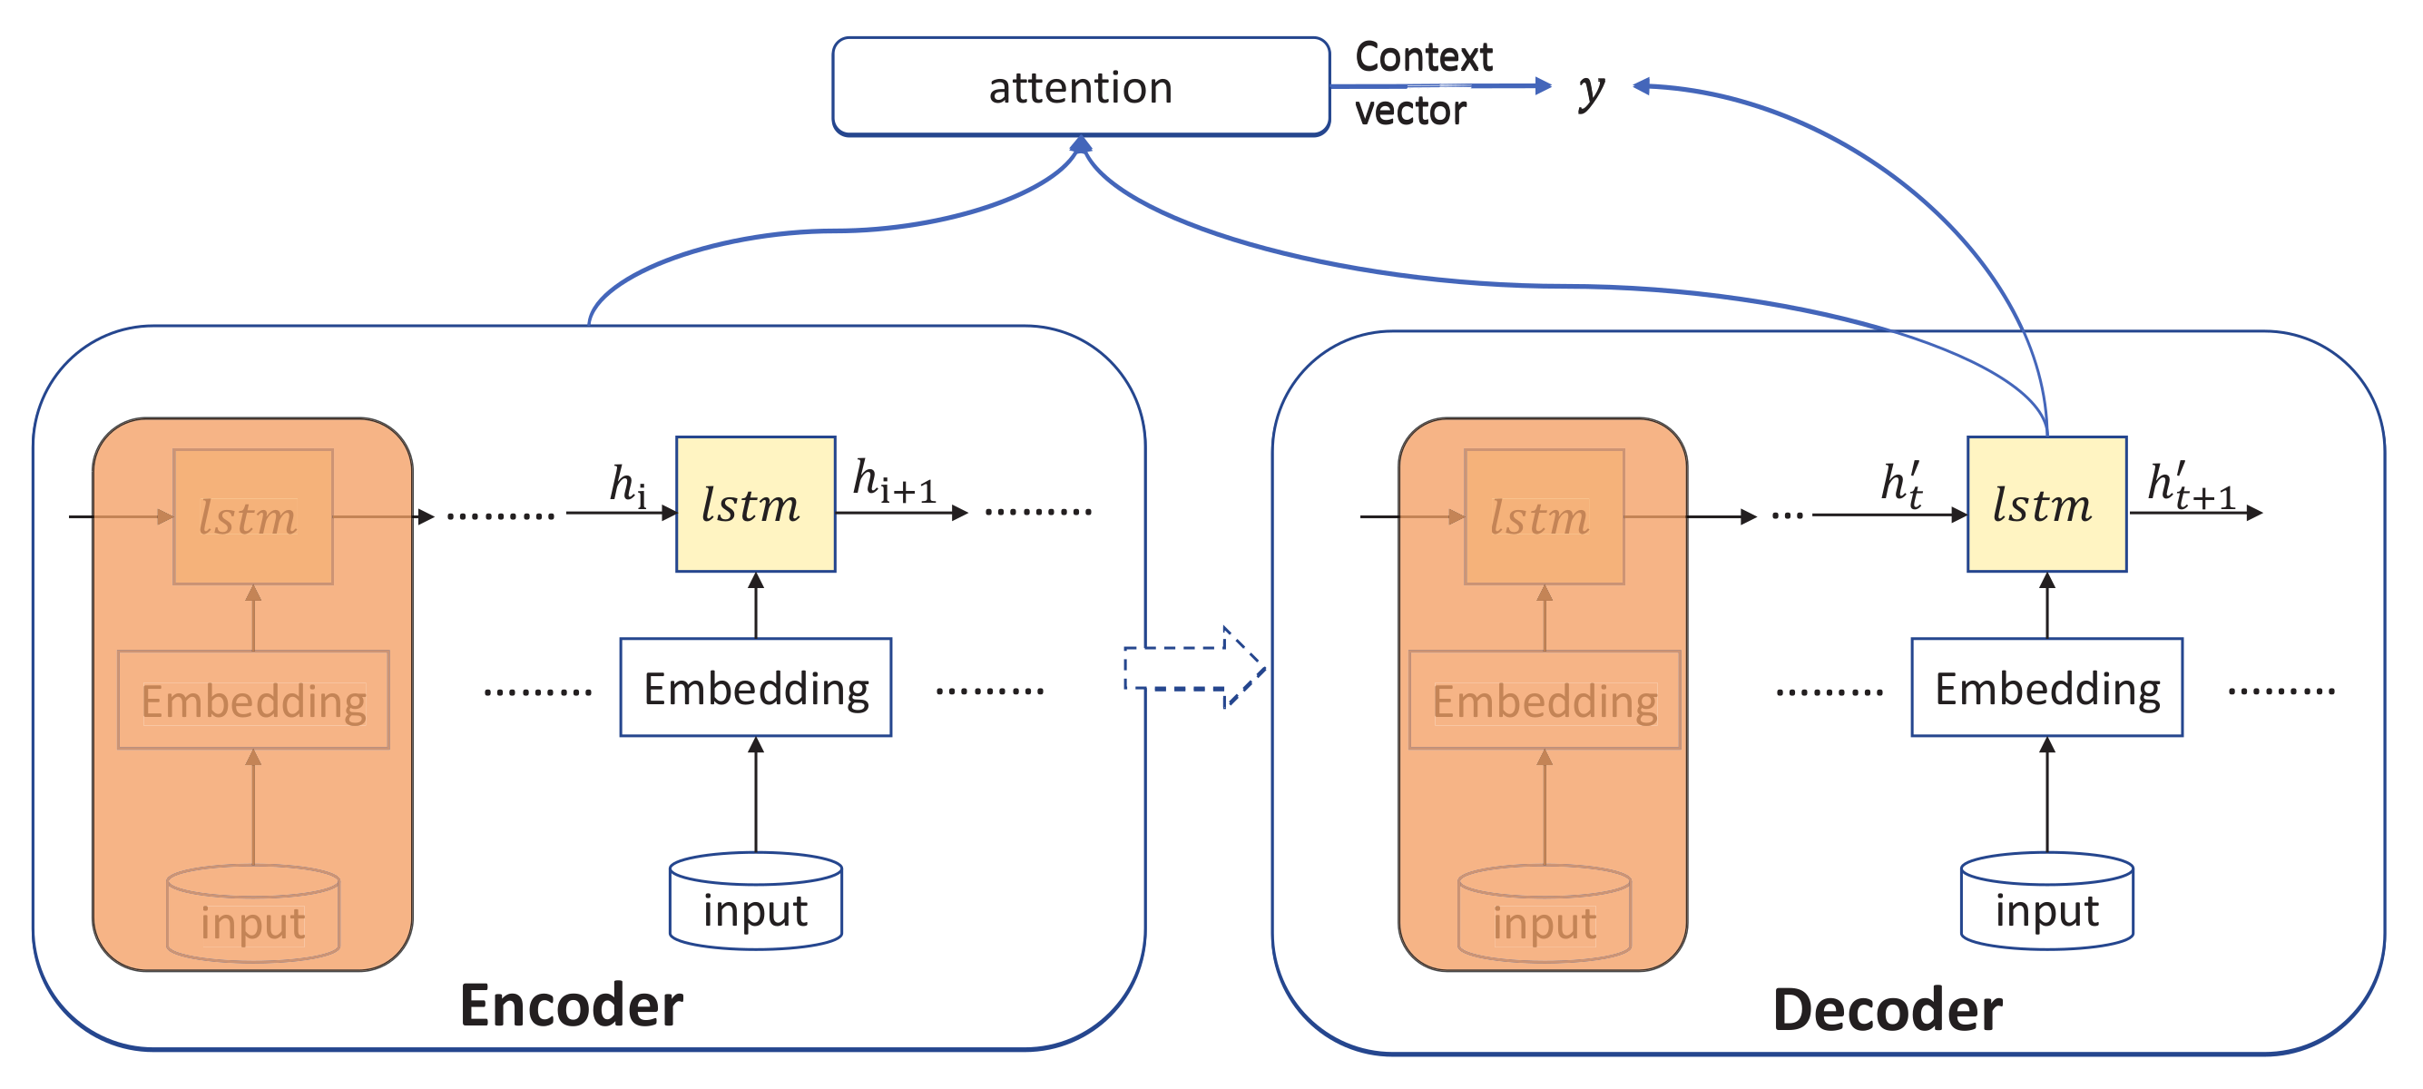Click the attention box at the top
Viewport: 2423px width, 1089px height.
tap(1080, 86)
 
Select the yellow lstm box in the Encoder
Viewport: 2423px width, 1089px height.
tap(755, 504)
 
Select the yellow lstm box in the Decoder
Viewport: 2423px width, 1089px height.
tap(2045, 504)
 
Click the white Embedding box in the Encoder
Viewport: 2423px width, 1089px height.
tap(755, 688)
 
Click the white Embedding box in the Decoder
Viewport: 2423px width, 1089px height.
tap(2045, 688)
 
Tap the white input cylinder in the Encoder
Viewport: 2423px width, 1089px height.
tap(755, 902)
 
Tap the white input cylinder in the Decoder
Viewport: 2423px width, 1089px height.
tap(2045, 902)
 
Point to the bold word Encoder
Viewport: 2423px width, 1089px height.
tap(571, 1006)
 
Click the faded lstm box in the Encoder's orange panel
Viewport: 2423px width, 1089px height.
tap(252, 516)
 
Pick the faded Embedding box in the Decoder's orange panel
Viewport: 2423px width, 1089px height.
tap(1544, 700)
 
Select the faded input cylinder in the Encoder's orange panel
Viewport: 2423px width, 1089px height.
tap(252, 914)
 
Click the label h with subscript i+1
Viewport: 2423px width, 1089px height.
tap(894, 482)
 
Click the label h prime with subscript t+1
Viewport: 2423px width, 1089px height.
tap(2190, 486)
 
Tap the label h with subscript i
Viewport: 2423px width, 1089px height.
tap(627, 486)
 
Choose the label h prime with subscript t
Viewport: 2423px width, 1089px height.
tap(1900, 486)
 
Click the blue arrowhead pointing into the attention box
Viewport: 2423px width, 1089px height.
tap(1081, 145)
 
